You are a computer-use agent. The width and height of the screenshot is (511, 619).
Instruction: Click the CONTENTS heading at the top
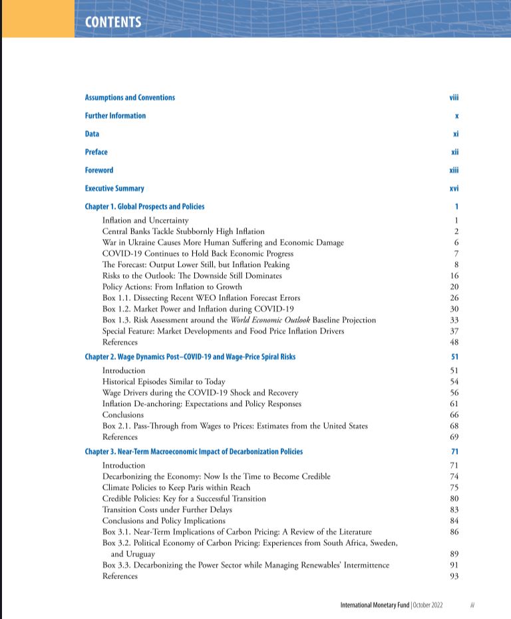click(113, 22)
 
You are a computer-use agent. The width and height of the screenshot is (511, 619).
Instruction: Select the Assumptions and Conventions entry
click(130, 98)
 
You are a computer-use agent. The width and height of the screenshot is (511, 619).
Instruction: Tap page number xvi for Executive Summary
click(454, 189)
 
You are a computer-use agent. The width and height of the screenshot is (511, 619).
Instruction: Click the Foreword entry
click(99, 170)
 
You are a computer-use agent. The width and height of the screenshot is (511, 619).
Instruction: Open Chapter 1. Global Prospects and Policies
click(144, 207)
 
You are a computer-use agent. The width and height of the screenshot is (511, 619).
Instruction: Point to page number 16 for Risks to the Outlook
click(454, 276)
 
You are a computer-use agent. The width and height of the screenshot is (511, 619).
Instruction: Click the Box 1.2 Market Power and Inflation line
click(198, 309)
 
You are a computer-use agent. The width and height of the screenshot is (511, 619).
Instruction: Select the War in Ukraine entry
click(223, 242)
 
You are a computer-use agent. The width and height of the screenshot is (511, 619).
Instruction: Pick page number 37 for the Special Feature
click(454, 331)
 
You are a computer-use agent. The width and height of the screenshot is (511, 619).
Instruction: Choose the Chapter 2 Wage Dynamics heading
click(190, 357)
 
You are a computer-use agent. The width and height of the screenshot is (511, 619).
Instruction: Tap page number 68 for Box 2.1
click(454, 426)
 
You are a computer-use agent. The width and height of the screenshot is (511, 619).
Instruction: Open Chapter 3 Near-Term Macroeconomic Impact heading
click(194, 452)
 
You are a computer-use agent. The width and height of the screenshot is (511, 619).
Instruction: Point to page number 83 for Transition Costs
click(454, 510)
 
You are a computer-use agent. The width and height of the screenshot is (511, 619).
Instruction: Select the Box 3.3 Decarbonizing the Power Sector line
click(246, 565)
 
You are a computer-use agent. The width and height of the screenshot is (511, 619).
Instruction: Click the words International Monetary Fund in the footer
click(375, 605)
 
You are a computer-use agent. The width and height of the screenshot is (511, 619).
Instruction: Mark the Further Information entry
click(115, 116)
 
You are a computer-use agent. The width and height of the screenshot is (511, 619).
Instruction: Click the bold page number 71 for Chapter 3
click(454, 452)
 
